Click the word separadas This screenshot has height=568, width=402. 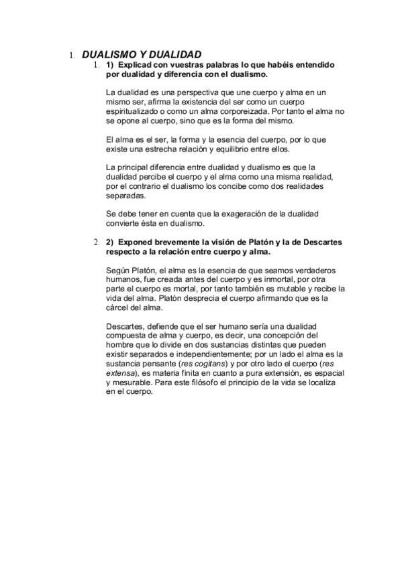125,198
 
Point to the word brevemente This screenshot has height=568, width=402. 178,241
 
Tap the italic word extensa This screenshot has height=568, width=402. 121,373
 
